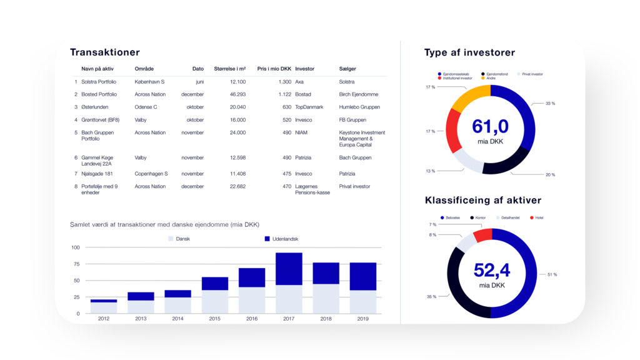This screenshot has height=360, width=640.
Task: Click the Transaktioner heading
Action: point(105,52)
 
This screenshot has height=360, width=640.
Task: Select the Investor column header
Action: point(304,69)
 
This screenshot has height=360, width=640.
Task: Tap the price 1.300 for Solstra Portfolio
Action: point(284,82)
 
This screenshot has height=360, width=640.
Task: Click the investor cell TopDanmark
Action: point(309,107)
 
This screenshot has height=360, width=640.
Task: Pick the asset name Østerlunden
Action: point(96,107)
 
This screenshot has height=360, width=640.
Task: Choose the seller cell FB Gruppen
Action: point(351,119)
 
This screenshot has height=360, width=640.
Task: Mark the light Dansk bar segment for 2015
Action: point(214,301)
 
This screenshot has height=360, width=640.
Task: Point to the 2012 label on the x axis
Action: point(103,319)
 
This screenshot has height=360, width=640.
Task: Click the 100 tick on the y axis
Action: point(76,247)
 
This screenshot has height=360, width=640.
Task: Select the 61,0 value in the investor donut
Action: point(491,127)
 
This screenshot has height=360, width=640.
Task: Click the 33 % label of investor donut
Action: point(550,103)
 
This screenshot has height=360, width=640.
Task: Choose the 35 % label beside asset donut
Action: point(431,297)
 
